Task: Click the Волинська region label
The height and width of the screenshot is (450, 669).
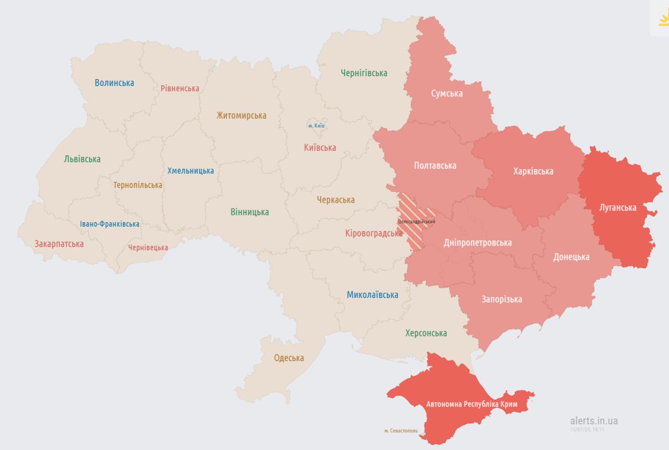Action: coord(114,83)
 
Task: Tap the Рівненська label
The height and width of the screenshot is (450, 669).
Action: coord(180,88)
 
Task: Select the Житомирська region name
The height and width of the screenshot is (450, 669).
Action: coord(241,116)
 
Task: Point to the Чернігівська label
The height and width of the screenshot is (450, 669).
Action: coord(364,73)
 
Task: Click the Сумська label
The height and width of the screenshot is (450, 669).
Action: coord(447,94)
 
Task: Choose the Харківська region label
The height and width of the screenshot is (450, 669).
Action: coord(533,171)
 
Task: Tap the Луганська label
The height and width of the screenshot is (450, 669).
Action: coord(618,207)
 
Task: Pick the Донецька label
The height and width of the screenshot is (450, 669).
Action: coord(571,257)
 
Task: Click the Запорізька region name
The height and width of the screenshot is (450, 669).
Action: coord(502,299)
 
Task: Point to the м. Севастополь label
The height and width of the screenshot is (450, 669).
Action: coord(401,431)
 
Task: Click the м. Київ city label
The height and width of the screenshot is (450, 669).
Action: coord(316,126)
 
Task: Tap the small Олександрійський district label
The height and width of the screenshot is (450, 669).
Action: coord(417,222)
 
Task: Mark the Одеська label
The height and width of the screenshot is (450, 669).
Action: coord(289,358)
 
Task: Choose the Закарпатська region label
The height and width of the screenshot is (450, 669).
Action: coord(59,244)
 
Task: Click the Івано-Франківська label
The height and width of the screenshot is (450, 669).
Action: coord(110,224)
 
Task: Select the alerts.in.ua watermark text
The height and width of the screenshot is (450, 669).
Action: coord(594,421)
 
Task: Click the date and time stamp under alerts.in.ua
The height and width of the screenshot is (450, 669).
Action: coord(587,430)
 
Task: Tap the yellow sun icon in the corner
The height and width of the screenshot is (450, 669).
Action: coord(663,20)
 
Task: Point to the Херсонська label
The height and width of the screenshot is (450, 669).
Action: coord(426,333)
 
